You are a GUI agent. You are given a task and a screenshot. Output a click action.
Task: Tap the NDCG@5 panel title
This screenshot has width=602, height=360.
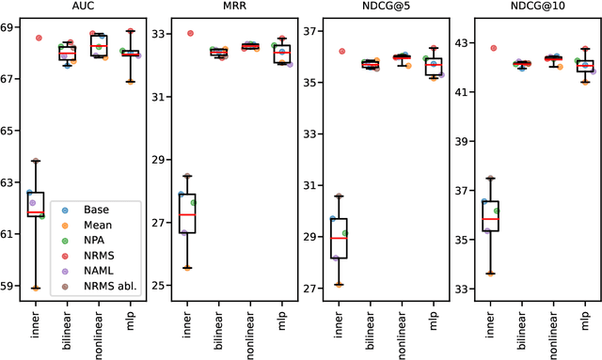tap(379, 7)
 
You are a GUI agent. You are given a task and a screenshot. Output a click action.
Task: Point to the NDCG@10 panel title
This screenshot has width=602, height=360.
tap(529, 7)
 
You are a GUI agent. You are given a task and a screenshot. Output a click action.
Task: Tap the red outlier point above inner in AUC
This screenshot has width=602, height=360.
tap(39, 38)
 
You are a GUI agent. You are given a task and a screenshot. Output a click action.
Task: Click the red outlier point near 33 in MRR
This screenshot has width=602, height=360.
tap(190, 33)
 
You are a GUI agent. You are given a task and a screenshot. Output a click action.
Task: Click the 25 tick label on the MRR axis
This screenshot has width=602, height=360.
tap(160, 286)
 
